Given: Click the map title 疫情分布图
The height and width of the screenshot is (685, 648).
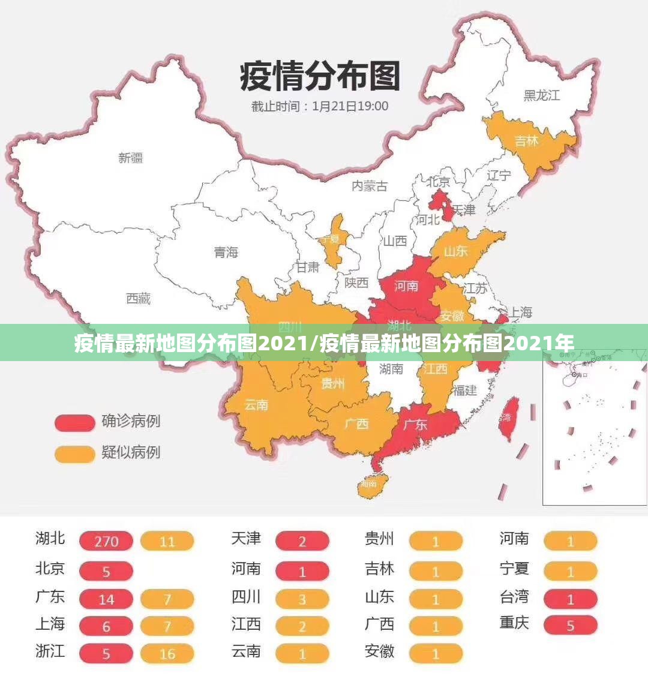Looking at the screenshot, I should click(319, 76).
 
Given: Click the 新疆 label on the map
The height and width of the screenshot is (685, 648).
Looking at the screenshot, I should click(131, 158).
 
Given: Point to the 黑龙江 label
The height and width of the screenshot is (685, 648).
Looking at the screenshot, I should click(541, 95).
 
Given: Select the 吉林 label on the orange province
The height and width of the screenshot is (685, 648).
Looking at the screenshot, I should click(527, 141).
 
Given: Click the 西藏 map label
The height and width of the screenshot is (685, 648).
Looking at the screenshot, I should click(139, 298).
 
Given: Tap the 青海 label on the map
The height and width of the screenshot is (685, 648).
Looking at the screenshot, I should click(226, 253).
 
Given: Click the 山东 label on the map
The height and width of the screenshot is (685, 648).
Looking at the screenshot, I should click(456, 251).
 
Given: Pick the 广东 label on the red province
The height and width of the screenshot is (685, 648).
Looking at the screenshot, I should click(415, 425).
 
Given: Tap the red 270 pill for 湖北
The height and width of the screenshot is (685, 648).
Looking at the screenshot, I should click(106, 542).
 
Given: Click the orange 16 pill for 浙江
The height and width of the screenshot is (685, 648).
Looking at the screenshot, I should click(167, 654).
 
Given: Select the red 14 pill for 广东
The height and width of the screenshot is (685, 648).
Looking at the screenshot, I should click(106, 599).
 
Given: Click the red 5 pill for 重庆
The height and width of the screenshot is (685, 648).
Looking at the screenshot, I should click(571, 626).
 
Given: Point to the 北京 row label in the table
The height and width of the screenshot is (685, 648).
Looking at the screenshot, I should click(50, 569).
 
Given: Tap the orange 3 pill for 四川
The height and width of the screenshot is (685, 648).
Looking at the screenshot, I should click(302, 599).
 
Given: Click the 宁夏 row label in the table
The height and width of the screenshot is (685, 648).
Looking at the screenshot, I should click(514, 569).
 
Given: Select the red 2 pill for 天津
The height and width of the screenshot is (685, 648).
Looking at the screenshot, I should click(302, 542).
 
